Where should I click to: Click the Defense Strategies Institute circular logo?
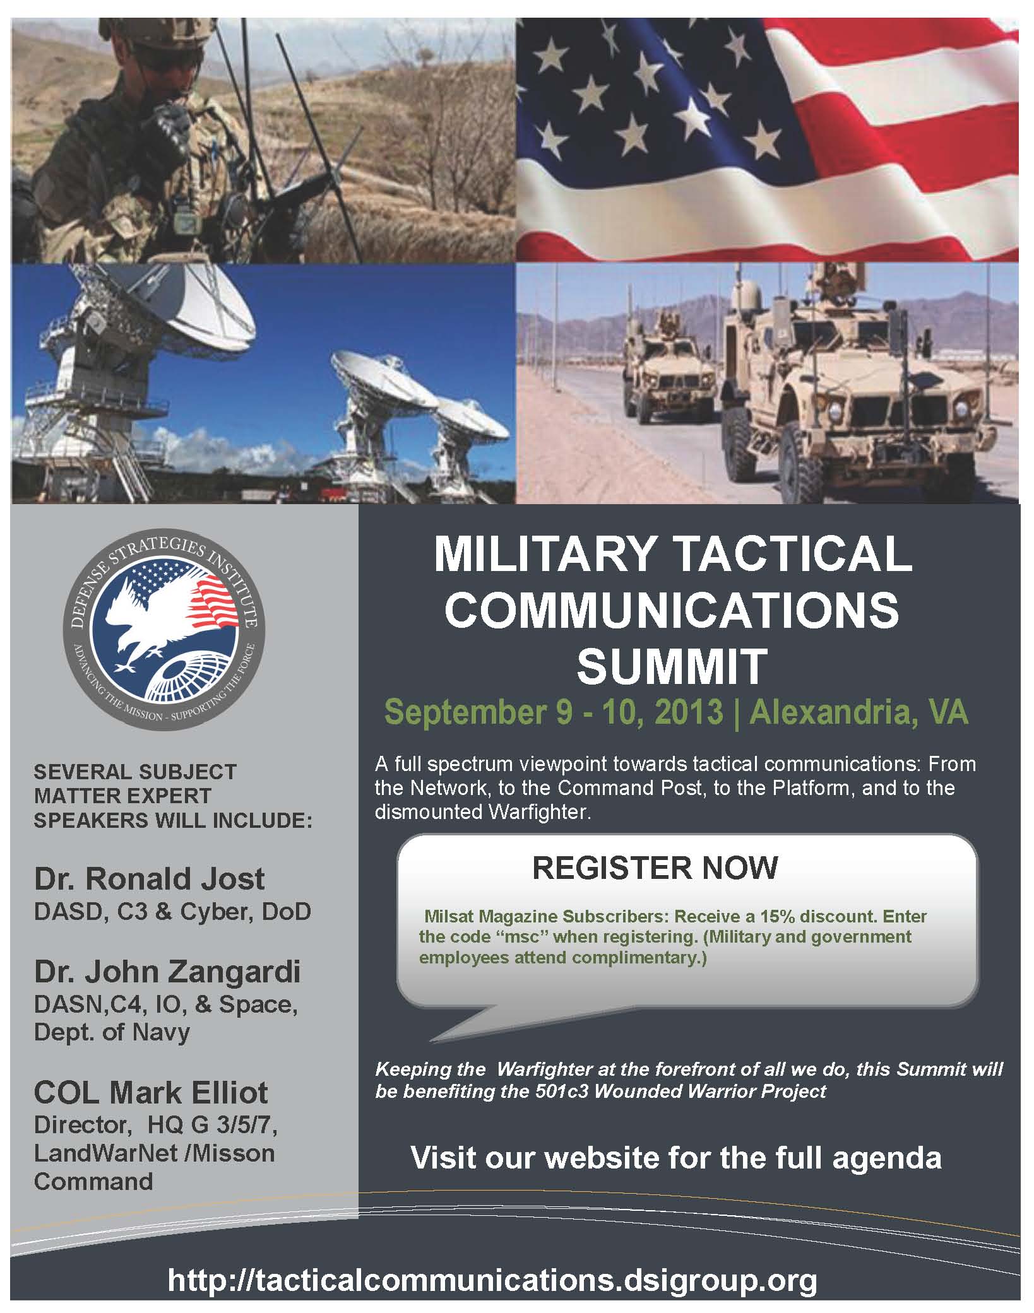(x=165, y=633)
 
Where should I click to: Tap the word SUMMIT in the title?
(x=672, y=666)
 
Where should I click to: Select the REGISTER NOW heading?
(x=655, y=868)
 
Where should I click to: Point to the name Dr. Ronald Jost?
(x=150, y=879)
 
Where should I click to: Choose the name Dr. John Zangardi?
(x=167, y=972)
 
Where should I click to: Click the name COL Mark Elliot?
(x=151, y=1092)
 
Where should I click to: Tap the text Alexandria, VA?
(x=859, y=712)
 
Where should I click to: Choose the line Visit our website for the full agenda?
(x=676, y=1158)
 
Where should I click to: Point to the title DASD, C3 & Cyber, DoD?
(x=172, y=912)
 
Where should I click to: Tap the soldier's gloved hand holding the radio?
(x=167, y=120)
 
